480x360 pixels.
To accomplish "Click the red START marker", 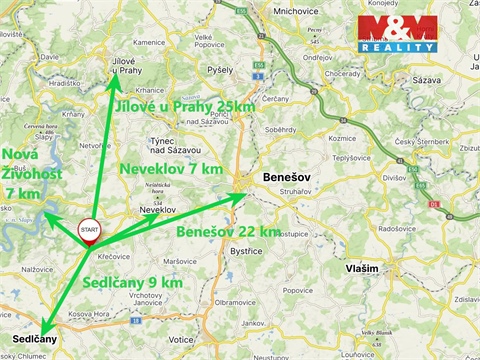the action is (x=89, y=230).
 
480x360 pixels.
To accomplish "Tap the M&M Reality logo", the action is (x=398, y=34).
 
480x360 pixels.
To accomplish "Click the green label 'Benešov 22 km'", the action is (x=228, y=232).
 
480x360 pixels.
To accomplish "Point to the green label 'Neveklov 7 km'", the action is (x=171, y=169).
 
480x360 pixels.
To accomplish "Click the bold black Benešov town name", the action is (x=287, y=176).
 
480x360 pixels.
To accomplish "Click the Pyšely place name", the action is (x=219, y=71).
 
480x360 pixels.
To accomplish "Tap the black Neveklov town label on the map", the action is (x=159, y=209).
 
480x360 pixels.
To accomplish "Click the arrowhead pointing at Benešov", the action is (x=240, y=194).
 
